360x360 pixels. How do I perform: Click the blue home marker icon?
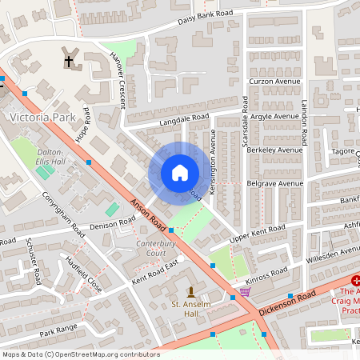click(x=179, y=173)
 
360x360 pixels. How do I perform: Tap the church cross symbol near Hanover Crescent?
click(x=68, y=60)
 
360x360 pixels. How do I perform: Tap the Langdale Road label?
click(x=183, y=119)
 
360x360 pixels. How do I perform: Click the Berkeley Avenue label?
click(x=275, y=150)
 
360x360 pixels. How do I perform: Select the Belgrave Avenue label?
click(x=275, y=183)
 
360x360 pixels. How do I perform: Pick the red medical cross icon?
click(x=355, y=281)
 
